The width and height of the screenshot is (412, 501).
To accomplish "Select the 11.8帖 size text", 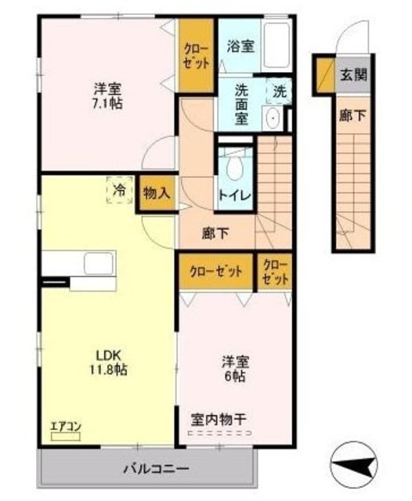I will point(108,369).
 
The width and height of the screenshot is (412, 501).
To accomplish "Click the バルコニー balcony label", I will point(155,469).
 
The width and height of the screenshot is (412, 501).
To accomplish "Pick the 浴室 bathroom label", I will point(240,46).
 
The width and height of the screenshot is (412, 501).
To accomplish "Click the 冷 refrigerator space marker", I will point(119,190).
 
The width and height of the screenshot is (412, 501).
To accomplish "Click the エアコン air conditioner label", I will point(67,427).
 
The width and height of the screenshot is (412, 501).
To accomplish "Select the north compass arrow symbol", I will point(356,467).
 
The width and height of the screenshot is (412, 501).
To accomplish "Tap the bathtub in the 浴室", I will point(275,47).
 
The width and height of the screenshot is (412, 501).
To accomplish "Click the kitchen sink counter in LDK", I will point(78,262).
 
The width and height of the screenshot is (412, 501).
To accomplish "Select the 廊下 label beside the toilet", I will point(215,232).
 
